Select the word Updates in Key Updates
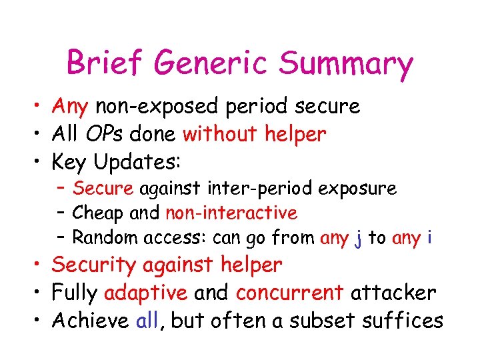(x=138, y=162)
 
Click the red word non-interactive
(x=231, y=213)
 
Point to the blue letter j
(x=358, y=238)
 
